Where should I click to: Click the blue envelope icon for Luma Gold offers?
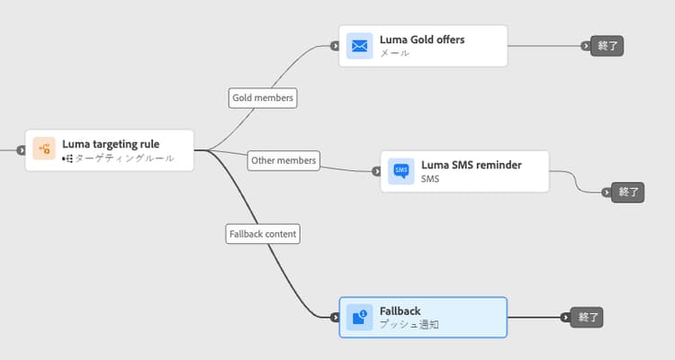pyautogui.click(x=360, y=46)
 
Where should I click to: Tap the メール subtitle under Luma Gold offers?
pyautogui.click(x=394, y=53)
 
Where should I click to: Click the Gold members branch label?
pyautogui.click(x=263, y=96)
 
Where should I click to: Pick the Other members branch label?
pyautogui.click(x=283, y=160)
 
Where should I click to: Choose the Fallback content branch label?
pyautogui.click(x=262, y=233)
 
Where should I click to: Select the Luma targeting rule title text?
pyautogui.click(x=111, y=143)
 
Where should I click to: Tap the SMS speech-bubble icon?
pyautogui.click(x=401, y=171)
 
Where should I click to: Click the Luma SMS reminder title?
pyautogui.click(x=471, y=164)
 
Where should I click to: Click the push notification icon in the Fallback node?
pyautogui.click(x=360, y=317)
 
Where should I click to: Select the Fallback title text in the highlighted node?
pyautogui.click(x=400, y=310)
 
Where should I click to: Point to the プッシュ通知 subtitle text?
pyautogui.click(x=409, y=324)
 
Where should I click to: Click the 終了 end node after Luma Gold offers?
pyautogui.click(x=607, y=46)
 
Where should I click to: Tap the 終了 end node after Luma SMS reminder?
pyautogui.click(x=627, y=192)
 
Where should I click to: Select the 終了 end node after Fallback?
pyautogui.click(x=585, y=317)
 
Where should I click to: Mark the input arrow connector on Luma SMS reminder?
pyautogui.click(x=375, y=171)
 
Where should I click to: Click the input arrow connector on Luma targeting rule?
pyautogui.click(x=20, y=150)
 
